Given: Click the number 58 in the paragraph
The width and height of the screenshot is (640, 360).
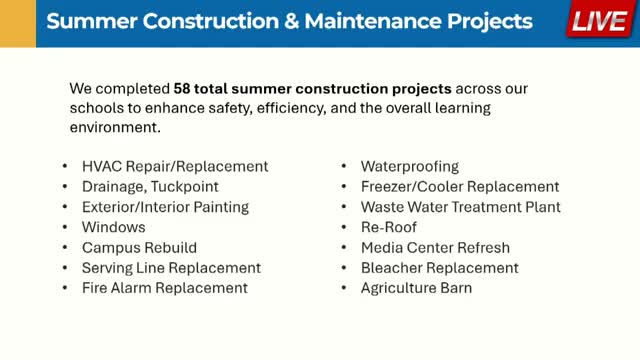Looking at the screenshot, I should click(185, 88).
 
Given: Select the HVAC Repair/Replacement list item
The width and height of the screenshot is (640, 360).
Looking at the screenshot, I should click(175, 166).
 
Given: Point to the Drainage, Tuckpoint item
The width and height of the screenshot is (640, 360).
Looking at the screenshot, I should click(150, 187).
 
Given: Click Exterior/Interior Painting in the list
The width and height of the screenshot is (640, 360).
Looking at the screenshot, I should click(165, 207).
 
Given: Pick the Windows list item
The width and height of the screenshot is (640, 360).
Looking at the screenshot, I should click(113, 227).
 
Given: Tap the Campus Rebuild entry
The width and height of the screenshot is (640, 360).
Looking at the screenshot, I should click(139, 247).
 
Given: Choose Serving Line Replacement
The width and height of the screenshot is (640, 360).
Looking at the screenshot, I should click(171, 268).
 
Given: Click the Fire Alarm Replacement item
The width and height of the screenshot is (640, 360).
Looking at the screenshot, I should click(164, 288).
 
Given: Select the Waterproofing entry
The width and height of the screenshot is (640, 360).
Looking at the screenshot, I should click(409, 166).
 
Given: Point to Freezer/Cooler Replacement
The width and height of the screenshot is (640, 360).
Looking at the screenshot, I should click(459, 187).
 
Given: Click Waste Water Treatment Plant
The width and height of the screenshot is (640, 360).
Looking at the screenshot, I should click(460, 207).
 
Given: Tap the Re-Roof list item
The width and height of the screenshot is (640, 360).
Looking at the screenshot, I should click(389, 227).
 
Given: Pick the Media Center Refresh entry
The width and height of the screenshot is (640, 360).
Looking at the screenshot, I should click(435, 247).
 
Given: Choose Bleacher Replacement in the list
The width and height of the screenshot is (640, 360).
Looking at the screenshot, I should click(439, 268).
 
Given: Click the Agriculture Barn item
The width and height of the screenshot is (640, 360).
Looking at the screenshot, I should click(416, 288).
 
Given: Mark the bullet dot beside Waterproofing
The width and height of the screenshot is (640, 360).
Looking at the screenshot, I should click(344, 166).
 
